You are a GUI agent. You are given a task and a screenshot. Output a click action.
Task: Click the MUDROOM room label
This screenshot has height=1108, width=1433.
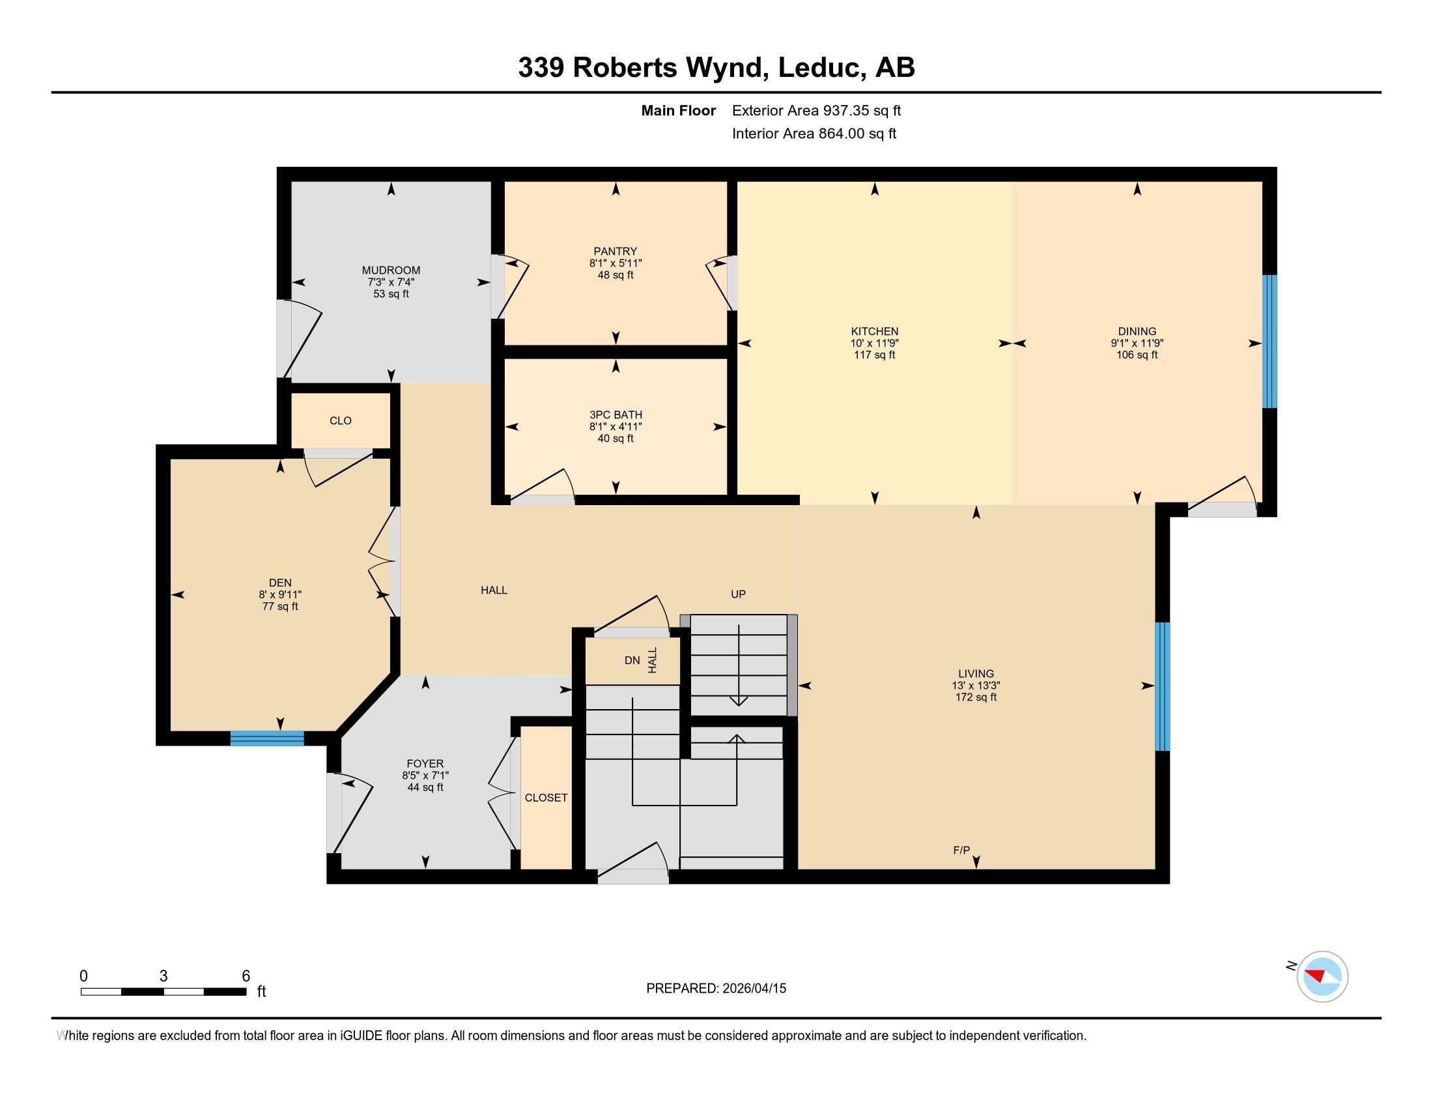390,270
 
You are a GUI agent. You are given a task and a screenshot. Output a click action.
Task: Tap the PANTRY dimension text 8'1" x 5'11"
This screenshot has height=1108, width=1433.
615,263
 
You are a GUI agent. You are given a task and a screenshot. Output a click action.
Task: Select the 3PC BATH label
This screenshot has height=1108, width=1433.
615,415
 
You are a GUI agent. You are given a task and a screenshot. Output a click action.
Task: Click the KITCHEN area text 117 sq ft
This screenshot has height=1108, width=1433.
874,355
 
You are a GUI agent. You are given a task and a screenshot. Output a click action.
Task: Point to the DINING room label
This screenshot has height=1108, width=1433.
1137,332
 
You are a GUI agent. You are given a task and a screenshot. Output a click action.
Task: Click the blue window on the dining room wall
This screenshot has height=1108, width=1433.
1270,342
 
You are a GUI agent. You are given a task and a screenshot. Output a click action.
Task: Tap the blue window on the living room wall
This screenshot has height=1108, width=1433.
1162,686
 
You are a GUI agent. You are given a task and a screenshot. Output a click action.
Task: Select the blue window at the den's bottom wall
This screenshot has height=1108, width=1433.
267,738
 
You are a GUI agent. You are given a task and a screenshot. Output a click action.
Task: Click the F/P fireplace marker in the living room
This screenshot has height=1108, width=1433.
961,850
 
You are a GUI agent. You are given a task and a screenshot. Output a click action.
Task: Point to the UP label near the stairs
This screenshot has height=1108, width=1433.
738,594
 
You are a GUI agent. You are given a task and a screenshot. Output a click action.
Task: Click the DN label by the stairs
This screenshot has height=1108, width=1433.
632,660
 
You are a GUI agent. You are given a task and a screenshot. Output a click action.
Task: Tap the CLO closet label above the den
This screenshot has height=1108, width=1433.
341,421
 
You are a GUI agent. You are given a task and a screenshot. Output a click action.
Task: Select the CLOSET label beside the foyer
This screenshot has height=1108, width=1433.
546,798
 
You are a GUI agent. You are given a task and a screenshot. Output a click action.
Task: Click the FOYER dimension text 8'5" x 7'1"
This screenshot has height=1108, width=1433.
425,775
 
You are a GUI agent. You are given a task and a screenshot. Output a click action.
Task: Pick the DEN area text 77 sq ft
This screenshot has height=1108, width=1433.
280,607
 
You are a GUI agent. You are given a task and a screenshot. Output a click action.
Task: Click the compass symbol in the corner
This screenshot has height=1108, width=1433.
1322,977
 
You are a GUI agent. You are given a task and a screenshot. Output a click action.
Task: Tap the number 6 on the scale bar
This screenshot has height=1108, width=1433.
246,976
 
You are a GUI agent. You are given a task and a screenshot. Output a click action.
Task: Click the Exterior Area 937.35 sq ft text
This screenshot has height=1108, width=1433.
816,111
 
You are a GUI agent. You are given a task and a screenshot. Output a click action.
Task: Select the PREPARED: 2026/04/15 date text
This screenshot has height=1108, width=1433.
716,988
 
